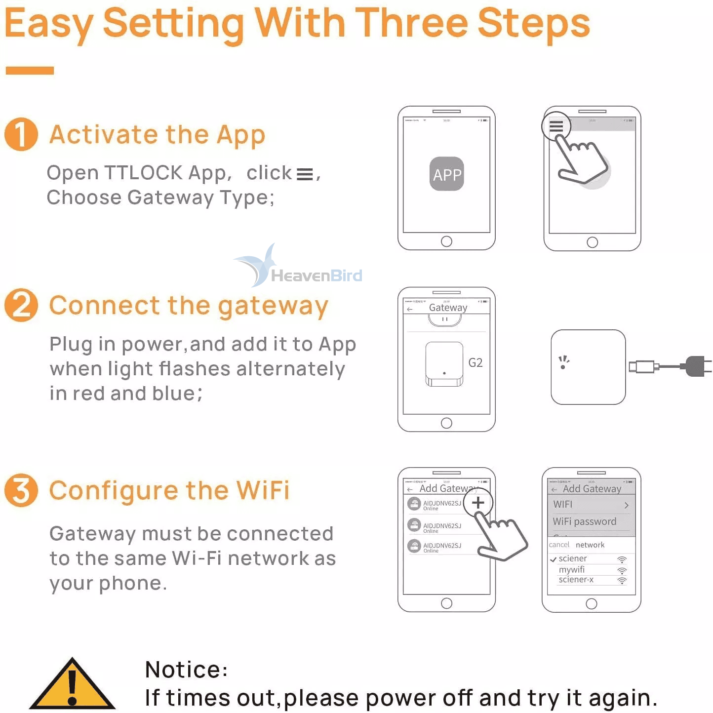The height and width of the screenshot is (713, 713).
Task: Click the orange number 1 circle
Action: coord(21,134)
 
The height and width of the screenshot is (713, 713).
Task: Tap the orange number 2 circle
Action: coord(21,305)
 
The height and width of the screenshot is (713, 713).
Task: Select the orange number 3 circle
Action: coord(21,490)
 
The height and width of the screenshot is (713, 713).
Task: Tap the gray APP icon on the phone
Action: coord(446,174)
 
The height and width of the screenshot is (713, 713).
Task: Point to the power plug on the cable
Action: coord(696,366)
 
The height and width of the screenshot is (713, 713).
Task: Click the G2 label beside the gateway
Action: coord(475,363)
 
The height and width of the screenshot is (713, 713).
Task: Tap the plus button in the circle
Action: coord(477,503)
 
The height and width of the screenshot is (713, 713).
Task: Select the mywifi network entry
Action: coord(572,569)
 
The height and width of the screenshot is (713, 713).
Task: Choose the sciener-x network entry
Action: coord(576,580)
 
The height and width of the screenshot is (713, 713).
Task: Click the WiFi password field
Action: coord(585,521)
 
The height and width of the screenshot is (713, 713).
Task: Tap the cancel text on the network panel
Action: coord(559,545)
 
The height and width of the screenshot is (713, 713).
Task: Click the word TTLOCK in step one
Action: coord(143,173)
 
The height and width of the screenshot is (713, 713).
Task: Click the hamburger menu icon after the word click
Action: coord(305,174)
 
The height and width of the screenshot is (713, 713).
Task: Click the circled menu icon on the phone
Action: coord(556,126)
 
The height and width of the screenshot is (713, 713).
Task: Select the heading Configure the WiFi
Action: coord(169,490)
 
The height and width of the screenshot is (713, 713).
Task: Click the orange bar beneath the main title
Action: coord(30,71)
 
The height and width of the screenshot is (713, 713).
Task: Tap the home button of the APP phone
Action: coord(446,241)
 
